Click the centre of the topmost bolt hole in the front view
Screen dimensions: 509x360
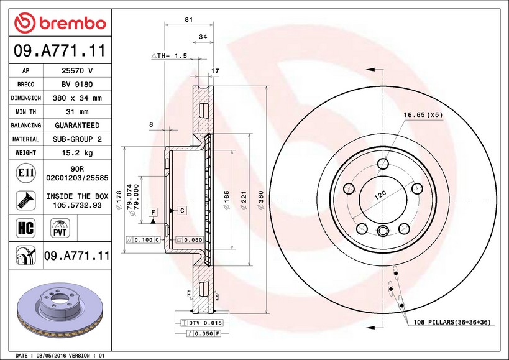click(x=383, y=164)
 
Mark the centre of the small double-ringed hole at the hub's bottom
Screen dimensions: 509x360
click(x=383, y=231)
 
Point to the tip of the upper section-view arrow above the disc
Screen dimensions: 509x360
click(x=366, y=70)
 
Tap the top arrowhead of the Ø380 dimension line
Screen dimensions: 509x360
click(x=266, y=86)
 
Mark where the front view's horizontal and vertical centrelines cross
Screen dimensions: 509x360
click(x=383, y=200)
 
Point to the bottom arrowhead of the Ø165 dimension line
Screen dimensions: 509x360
click(x=232, y=249)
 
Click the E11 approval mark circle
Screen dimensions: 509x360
click(x=25, y=173)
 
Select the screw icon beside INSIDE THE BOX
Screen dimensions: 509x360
click(x=25, y=200)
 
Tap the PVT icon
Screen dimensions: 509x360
click(x=60, y=228)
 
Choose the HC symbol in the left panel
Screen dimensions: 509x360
click(x=25, y=228)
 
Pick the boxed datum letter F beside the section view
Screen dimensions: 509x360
click(x=153, y=212)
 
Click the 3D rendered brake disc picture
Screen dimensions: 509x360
click(x=60, y=310)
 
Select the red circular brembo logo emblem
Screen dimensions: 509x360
click(x=25, y=23)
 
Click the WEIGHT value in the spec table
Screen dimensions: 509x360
click(x=77, y=152)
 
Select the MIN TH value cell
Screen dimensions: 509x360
click(x=77, y=112)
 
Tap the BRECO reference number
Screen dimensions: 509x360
click(x=77, y=85)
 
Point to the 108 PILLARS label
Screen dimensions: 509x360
click(x=452, y=322)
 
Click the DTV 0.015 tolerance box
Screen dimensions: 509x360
click(x=201, y=323)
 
